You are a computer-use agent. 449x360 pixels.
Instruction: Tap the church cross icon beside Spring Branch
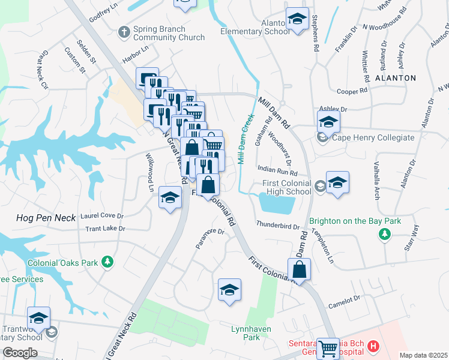click(x=124, y=31)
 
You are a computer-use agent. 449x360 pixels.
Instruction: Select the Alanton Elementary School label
click(x=255, y=27)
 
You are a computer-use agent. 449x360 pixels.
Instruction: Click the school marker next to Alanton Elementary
click(x=297, y=19)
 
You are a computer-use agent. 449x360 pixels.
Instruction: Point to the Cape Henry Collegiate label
click(x=373, y=137)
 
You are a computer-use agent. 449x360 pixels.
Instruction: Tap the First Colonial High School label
click(x=287, y=187)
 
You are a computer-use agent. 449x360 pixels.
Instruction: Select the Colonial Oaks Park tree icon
click(x=107, y=262)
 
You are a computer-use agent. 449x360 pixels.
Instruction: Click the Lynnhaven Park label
click(x=252, y=333)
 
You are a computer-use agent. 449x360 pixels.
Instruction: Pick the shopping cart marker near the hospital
click(x=328, y=348)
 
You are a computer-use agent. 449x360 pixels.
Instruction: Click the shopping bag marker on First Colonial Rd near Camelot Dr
click(x=299, y=270)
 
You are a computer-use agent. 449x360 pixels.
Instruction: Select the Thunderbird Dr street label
click(x=277, y=226)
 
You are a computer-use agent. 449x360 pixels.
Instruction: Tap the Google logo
click(x=20, y=353)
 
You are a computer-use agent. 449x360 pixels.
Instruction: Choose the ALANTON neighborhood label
click(x=395, y=78)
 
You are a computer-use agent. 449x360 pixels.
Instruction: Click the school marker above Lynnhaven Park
click(x=229, y=291)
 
